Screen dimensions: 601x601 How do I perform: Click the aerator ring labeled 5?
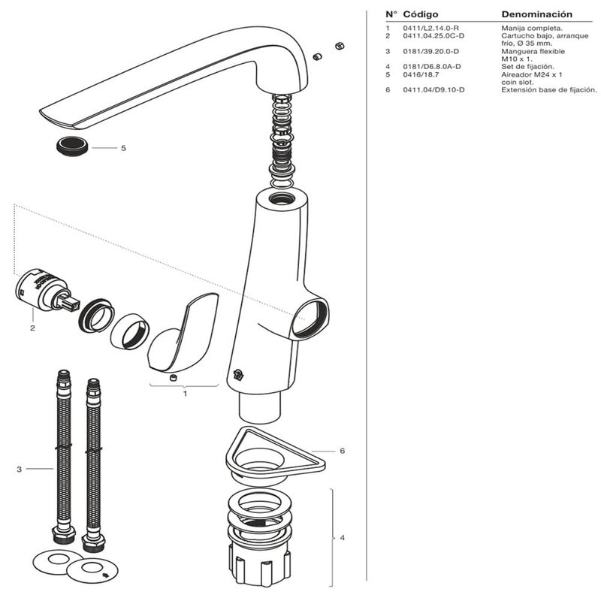tap(72, 146)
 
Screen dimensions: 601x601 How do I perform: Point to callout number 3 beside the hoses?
tap(19, 470)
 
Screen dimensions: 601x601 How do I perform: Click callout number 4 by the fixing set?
tap(342, 538)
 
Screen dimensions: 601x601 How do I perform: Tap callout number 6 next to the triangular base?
tap(342, 451)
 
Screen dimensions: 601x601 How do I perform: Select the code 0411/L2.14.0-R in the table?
tap(430, 29)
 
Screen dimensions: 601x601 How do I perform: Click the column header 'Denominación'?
tap(536, 14)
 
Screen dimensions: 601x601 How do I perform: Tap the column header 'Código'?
tap(421, 14)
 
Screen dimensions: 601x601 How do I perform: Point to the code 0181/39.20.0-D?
tap(432, 52)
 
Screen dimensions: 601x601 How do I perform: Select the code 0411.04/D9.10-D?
tap(433, 90)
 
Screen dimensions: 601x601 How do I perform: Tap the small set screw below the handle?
tap(174, 376)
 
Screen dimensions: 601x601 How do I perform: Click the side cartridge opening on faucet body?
tap(310, 317)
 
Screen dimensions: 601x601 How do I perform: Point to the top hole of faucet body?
tap(282, 199)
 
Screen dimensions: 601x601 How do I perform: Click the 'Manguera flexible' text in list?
tap(533, 52)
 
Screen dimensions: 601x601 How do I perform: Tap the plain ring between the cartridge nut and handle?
tap(129, 330)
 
